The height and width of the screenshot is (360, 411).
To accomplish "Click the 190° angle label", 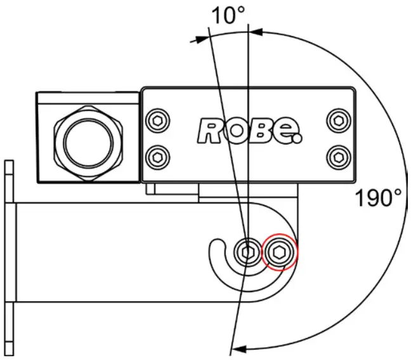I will coord(378,198).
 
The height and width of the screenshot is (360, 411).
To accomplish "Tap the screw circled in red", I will coord(280,253).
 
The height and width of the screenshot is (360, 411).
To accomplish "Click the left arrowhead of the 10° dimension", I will coord(202,39).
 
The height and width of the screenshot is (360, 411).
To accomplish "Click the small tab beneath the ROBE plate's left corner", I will coord(151,188).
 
